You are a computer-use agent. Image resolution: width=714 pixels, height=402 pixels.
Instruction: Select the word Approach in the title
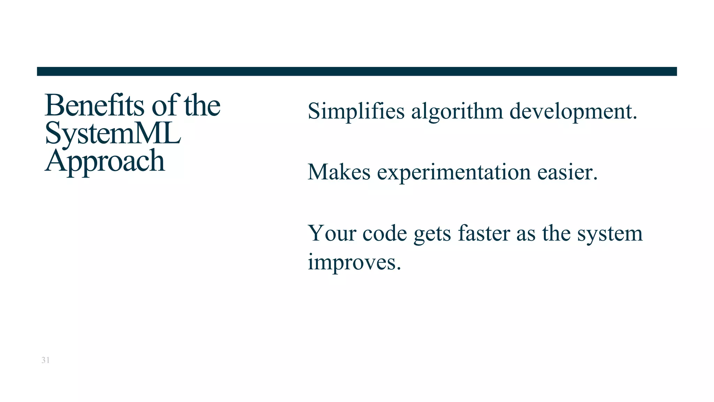pos(105,161)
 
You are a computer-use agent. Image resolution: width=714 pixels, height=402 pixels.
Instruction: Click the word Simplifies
pos(356,112)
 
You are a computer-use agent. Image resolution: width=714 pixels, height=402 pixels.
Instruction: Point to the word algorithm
pos(457,112)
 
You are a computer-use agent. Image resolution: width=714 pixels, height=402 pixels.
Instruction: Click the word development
pos(573,112)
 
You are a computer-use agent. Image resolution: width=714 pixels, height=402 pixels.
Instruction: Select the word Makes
pos(339,172)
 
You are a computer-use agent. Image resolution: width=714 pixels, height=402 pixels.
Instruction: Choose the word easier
pos(567,172)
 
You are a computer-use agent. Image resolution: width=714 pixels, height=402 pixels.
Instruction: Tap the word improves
pos(354,262)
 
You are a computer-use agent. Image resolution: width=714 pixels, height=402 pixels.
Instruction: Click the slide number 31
pos(45,360)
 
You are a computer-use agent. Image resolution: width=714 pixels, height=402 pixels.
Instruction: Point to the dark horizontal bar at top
pos(357,71)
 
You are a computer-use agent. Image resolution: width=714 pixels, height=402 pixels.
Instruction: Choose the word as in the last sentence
pos(525,234)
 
